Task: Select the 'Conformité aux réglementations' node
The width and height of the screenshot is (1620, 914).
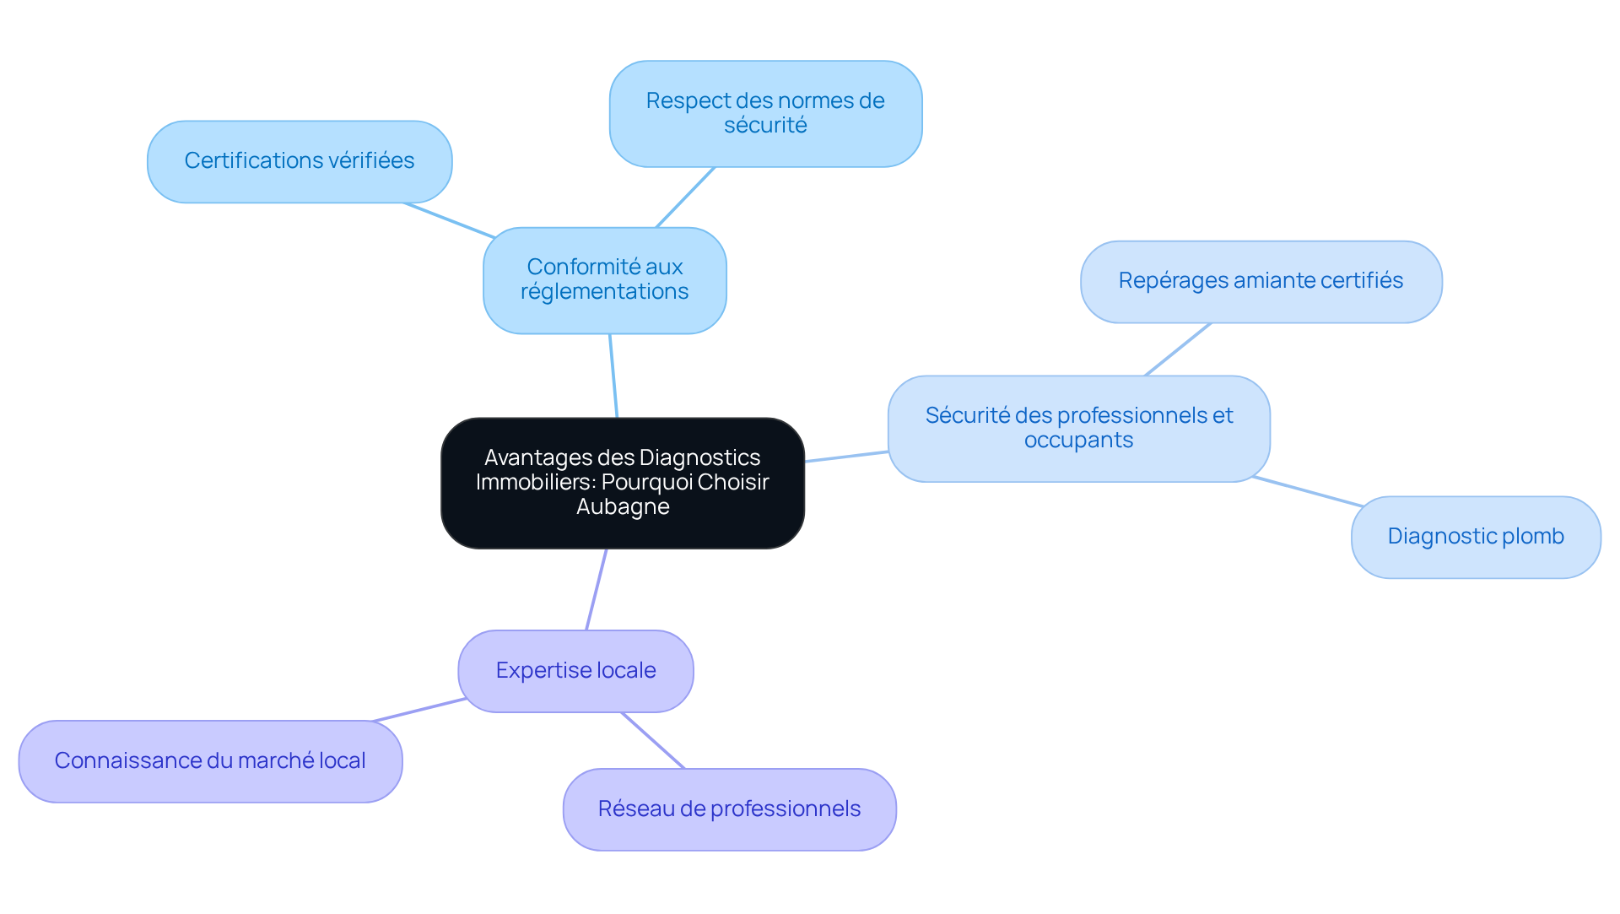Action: click(604, 279)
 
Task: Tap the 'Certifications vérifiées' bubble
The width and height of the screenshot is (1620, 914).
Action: click(300, 161)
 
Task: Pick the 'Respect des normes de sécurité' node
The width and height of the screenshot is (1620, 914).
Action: click(765, 113)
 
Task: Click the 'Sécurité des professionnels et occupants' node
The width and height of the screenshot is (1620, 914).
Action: click(1078, 428)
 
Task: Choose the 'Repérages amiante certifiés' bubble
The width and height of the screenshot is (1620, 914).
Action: click(1261, 281)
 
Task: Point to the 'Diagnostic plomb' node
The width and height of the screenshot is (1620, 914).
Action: click(1475, 537)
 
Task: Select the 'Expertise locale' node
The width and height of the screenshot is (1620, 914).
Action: click(575, 671)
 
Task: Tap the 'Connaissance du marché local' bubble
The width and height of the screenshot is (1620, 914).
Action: click(210, 761)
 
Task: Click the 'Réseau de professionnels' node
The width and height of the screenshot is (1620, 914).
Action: click(729, 809)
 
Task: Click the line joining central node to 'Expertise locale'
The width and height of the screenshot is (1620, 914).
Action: click(596, 590)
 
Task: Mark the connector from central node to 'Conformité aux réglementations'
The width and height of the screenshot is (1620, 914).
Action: click(613, 376)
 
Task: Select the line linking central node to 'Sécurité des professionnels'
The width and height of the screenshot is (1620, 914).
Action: click(846, 457)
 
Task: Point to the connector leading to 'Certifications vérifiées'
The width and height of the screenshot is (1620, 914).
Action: click(449, 220)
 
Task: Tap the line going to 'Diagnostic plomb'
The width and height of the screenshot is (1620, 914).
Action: click(1308, 491)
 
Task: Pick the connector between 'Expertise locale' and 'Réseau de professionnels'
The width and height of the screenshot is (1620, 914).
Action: click(653, 740)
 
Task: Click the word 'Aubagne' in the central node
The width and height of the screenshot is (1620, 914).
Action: click(623, 507)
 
